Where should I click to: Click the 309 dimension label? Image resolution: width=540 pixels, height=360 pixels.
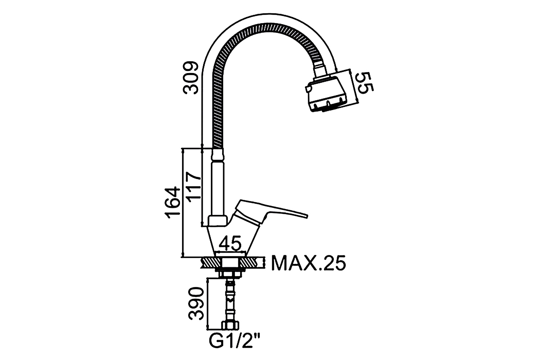[191, 78]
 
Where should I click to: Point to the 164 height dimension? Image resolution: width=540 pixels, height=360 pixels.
[172, 202]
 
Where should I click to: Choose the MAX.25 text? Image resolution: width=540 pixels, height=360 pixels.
[309, 263]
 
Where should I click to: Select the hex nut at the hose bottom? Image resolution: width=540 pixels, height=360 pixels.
[230, 325]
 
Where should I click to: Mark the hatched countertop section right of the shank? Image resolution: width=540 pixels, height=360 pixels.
[252, 262]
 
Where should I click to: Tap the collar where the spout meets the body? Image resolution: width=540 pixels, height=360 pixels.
[218, 221]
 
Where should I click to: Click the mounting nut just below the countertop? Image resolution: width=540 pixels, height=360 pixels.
[230, 274]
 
